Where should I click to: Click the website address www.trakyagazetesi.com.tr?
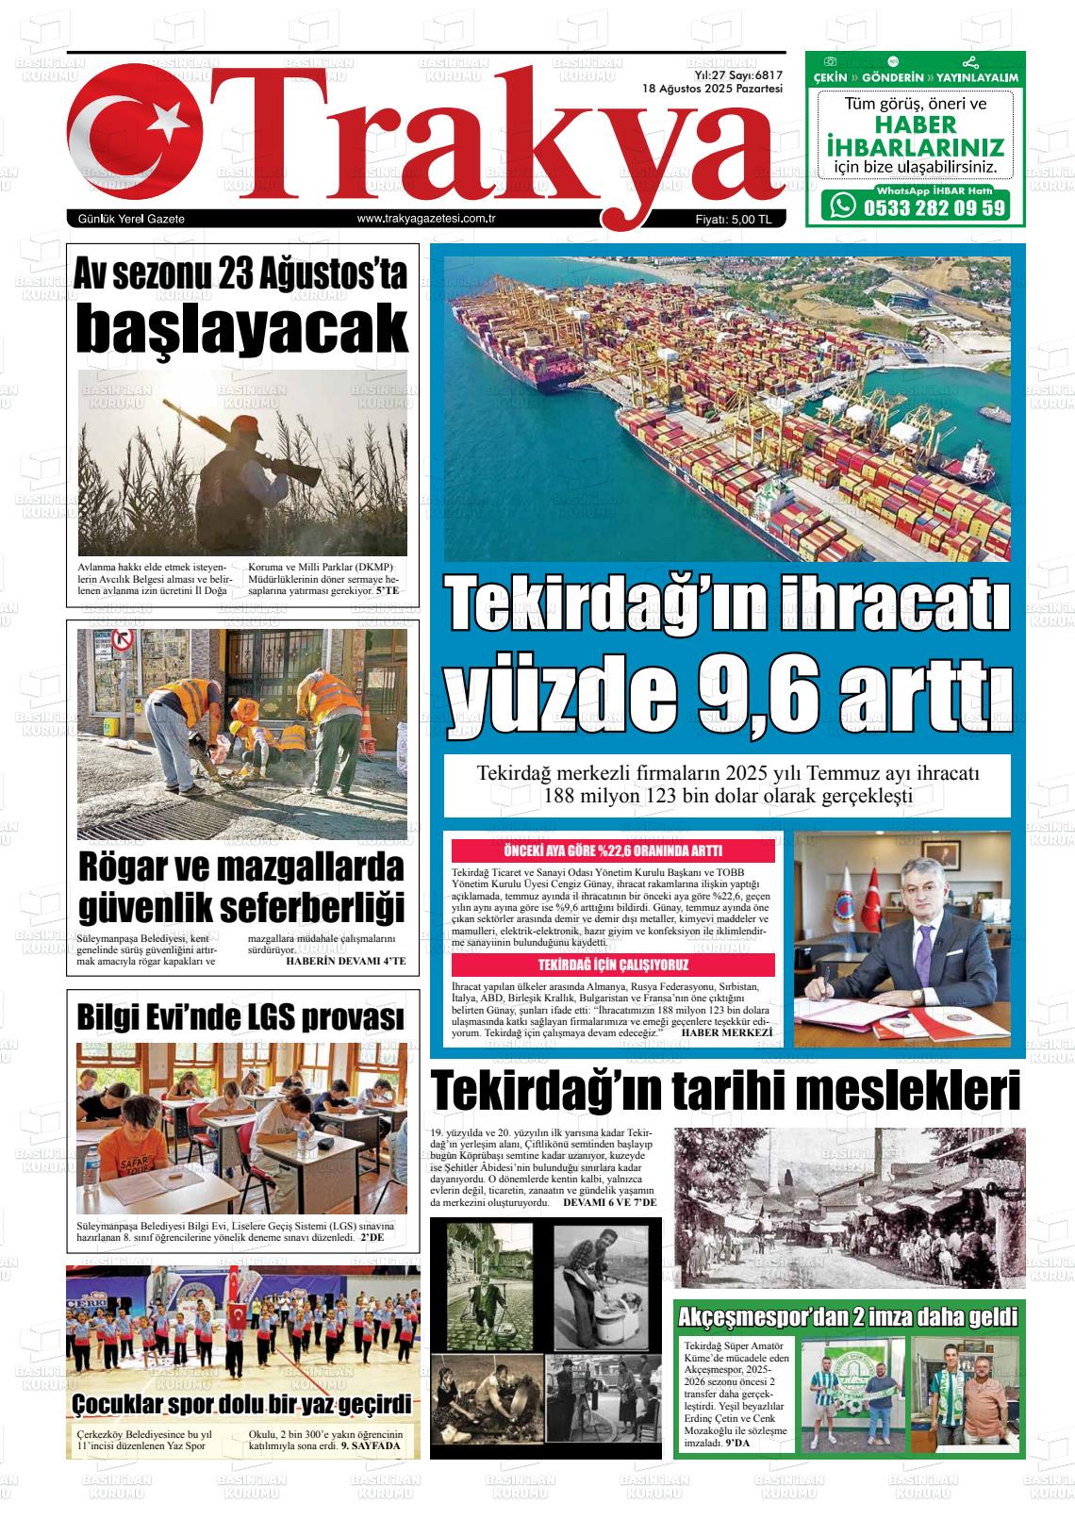click(427, 219)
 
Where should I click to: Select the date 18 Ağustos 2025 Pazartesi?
click(713, 88)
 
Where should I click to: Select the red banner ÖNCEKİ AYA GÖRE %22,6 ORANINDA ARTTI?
click(613, 850)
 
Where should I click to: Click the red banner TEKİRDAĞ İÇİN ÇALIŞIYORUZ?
click(613, 965)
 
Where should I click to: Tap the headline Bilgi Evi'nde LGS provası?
click(241, 1017)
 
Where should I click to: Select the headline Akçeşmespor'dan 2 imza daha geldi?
click(849, 1315)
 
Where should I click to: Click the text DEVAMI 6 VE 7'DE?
click(609, 1204)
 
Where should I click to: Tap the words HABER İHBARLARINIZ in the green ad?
click(914, 137)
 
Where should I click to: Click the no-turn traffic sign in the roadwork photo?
click(122, 641)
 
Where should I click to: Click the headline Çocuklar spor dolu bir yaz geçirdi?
click(241, 1405)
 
